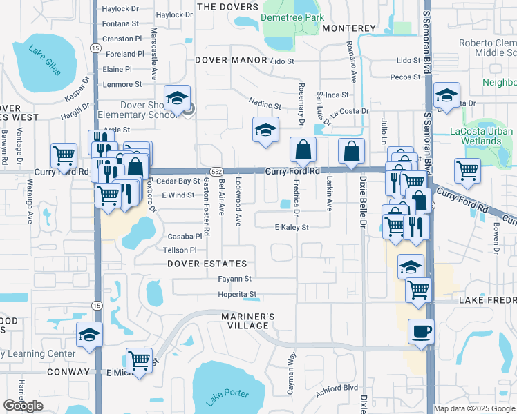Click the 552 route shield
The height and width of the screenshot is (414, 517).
pyautogui.click(x=216, y=171)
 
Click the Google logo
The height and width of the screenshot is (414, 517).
pyautogui.click(x=23, y=406)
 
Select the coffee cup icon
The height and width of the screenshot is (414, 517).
pyautogui.click(x=422, y=332)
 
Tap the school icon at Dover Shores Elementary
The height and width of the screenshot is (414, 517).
pyautogui.click(x=177, y=98)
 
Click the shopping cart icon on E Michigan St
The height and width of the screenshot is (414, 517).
pyautogui.click(x=140, y=360)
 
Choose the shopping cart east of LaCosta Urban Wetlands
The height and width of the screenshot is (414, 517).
pyautogui.click(x=468, y=170)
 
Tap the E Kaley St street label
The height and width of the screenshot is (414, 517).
pyautogui.click(x=291, y=227)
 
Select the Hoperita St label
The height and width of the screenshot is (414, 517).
pyautogui.click(x=238, y=294)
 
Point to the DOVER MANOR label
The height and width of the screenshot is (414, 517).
pyautogui.click(x=231, y=60)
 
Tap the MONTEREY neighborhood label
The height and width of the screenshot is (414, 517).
pyautogui.click(x=348, y=28)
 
